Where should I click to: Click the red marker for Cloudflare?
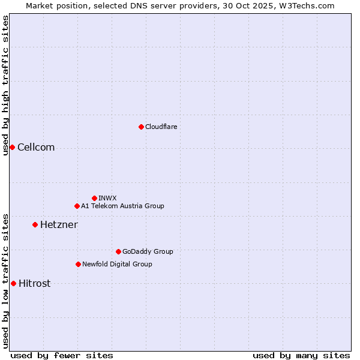click(141, 127)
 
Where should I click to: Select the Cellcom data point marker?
click(12, 147)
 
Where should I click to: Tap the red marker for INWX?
click(94, 198)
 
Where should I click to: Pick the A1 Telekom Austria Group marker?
click(77, 206)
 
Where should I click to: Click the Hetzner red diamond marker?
click(35, 224)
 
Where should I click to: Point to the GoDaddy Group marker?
click(118, 251)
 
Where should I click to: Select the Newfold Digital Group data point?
click(78, 264)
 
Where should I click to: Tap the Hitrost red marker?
click(13, 283)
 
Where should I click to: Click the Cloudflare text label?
click(161, 127)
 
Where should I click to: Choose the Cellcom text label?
click(36, 148)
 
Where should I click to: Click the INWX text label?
click(107, 198)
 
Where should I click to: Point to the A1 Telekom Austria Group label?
click(122, 206)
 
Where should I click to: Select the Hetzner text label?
click(59, 225)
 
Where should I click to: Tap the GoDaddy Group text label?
click(148, 251)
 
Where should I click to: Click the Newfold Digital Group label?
click(117, 264)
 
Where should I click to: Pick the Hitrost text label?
click(34, 284)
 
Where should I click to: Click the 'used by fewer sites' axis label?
click(62, 355)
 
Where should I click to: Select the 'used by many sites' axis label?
click(301, 355)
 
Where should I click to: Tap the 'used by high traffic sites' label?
click(5, 85)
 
